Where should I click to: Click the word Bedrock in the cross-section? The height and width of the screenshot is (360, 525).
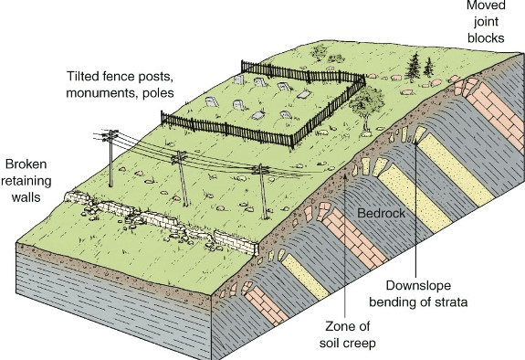click(x=381, y=213)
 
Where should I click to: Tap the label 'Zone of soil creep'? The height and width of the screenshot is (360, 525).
click(x=348, y=334)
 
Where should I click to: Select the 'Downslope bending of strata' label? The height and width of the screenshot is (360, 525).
click(x=418, y=293)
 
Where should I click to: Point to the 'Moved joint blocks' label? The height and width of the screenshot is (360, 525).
click(x=486, y=22)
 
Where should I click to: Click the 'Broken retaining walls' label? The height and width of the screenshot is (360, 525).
click(x=26, y=181)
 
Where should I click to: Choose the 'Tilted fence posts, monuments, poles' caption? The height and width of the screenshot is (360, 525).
click(x=120, y=84)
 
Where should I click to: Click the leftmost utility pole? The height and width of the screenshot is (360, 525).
click(x=110, y=158)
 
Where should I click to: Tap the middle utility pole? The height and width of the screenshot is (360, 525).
click(x=182, y=178)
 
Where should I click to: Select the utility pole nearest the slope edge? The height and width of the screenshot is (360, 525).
click(x=263, y=192)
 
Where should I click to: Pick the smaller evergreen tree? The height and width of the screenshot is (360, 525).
click(x=428, y=68)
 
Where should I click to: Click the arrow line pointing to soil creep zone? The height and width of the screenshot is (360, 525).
click(x=345, y=247)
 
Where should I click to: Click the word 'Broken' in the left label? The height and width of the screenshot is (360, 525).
click(x=26, y=164)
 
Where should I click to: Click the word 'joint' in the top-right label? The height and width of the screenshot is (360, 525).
click(x=486, y=22)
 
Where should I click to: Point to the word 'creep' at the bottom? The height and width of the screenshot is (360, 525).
click(x=361, y=344)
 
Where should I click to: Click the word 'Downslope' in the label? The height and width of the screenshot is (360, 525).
click(x=418, y=286)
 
